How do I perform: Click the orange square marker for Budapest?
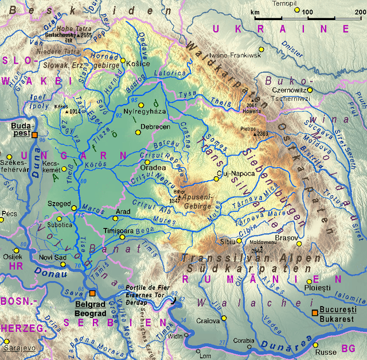coord(34,135)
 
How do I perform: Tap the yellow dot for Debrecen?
coord(138,132)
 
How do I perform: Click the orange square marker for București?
coord(314,312)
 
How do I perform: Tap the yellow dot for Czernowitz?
coord(310,90)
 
